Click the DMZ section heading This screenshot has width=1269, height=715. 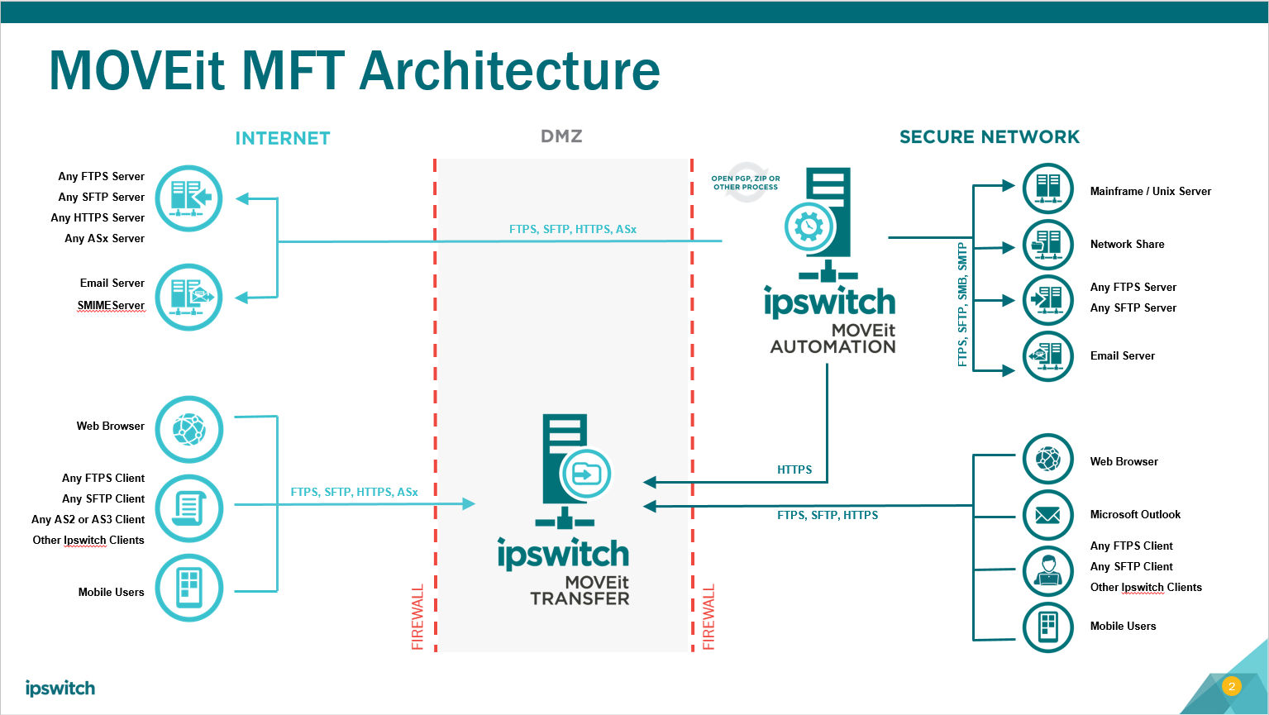coord(561,136)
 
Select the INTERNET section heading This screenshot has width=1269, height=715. coord(283,138)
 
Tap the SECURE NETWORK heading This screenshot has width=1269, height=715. coord(990,137)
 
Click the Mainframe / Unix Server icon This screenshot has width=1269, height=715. coord(1048,188)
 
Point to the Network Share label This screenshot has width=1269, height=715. coord(1127,244)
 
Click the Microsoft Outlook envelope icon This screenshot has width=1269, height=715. coord(1048,515)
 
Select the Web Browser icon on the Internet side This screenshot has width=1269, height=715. coord(189,429)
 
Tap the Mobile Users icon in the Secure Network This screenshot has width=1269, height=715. coord(1048,627)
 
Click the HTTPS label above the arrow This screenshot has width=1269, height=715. coord(794,470)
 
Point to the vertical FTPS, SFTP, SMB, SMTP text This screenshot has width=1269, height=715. coord(962,304)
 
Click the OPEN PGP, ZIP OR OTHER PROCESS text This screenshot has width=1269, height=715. coord(746,183)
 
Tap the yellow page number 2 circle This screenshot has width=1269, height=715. coord(1231,686)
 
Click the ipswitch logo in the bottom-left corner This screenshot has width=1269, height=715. coord(60,688)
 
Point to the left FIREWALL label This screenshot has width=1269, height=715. coord(417,617)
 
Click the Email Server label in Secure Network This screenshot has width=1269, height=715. coord(1122,355)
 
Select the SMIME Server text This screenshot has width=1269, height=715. coord(111,305)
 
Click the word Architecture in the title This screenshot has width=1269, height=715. coord(510,71)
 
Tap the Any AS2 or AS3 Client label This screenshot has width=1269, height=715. coord(88,519)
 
